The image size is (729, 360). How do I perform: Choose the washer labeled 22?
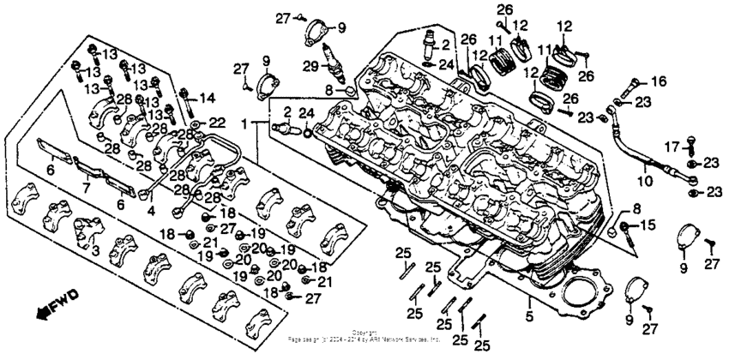point(198,125)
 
